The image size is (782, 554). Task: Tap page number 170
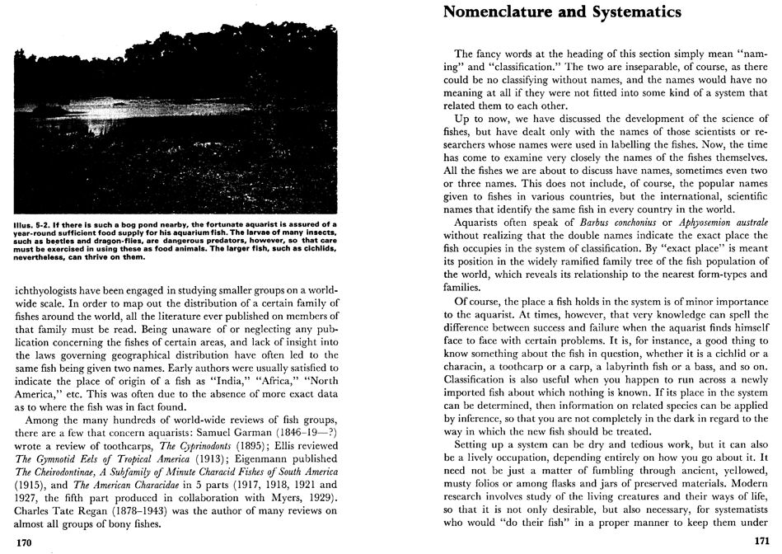pyautogui.click(x=25, y=542)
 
